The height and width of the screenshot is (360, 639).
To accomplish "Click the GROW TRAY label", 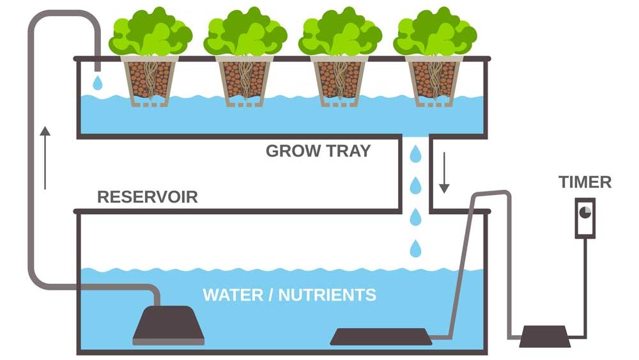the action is [x=318, y=151].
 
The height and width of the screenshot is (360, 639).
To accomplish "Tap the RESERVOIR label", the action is [x=147, y=196].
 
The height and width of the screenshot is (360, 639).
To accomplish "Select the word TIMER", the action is [x=585, y=182].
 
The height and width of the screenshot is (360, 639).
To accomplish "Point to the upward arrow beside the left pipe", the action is [x=45, y=157].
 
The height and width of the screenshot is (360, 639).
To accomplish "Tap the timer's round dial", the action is [x=585, y=211].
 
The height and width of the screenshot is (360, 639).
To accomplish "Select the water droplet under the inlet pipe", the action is [x=97, y=82].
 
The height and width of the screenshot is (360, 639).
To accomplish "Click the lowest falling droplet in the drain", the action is [x=416, y=247].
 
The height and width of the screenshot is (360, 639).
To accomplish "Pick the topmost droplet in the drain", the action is [x=416, y=153].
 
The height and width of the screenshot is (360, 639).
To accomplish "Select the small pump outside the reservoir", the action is [x=544, y=336].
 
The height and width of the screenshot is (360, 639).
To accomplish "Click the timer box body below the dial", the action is [x=585, y=227].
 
